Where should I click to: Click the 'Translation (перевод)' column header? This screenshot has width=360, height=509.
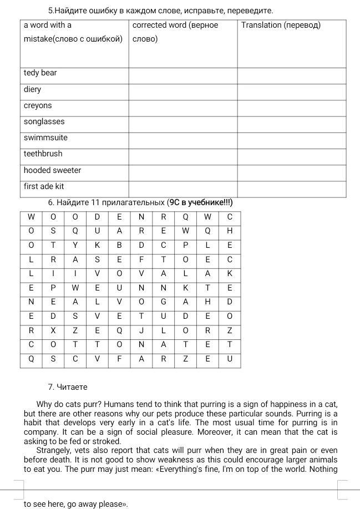[x=281, y=25]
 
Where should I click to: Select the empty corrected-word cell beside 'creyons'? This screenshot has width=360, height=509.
[x=182, y=106]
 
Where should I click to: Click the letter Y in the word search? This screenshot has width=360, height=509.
[x=75, y=245]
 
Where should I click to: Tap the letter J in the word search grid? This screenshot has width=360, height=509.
[x=141, y=330]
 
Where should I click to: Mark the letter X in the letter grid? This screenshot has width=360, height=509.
[x=53, y=330]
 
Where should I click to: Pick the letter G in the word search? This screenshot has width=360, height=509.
[x=164, y=302]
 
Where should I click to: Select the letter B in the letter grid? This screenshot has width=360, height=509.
[x=119, y=245]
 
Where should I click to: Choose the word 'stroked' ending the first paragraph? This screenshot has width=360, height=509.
[x=107, y=441]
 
